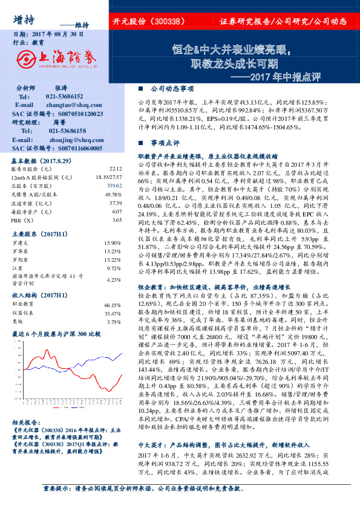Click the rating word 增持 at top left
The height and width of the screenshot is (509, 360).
(24, 18)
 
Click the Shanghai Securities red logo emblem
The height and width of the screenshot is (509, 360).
(27, 57)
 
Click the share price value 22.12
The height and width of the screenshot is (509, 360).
(116, 169)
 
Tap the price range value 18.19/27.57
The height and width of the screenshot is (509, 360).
(109, 178)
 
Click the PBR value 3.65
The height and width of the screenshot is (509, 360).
(116, 221)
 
